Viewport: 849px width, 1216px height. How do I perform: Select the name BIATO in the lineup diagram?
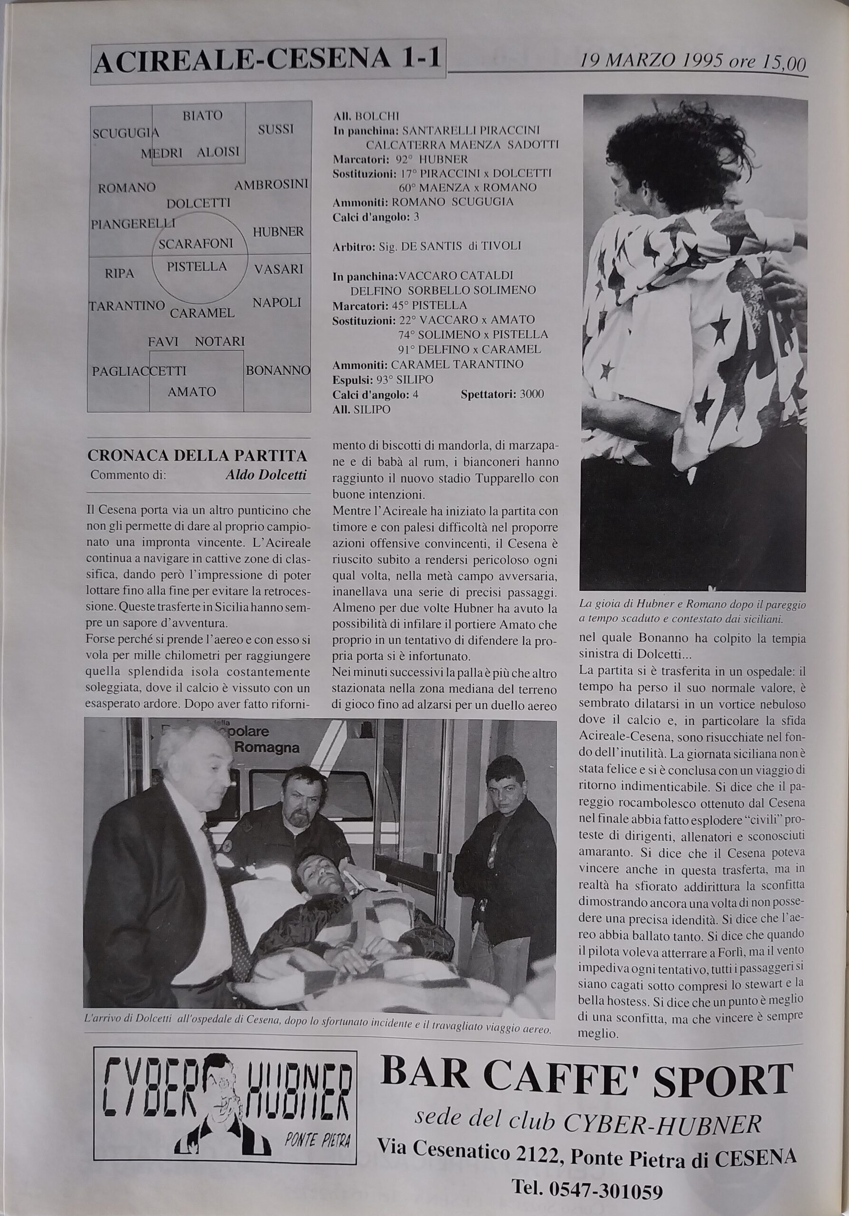click(202, 115)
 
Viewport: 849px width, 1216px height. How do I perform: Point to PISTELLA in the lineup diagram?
click(197, 266)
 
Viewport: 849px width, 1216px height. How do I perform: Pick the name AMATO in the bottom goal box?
click(192, 392)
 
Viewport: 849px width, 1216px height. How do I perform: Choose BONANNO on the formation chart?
click(278, 370)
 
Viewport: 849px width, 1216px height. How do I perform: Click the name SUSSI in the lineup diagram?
click(276, 129)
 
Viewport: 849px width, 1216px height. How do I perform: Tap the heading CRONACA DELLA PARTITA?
click(197, 456)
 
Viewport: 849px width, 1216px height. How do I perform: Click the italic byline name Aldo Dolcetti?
click(266, 475)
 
